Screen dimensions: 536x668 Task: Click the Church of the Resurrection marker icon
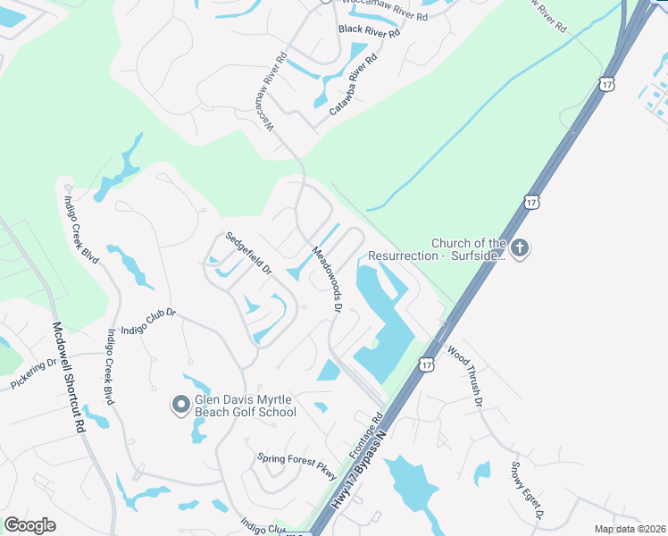click(x=520, y=247)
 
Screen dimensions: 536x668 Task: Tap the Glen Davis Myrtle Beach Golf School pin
click(x=180, y=406)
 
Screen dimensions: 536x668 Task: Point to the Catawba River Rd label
click(x=354, y=85)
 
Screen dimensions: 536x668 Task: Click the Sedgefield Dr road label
click(x=247, y=253)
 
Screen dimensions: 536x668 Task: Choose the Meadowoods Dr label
click(x=327, y=279)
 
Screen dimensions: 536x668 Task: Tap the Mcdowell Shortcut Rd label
click(x=68, y=378)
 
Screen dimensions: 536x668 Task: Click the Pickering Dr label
click(x=34, y=374)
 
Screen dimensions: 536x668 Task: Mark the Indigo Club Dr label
click(x=148, y=319)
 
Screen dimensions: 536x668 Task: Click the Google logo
click(x=29, y=524)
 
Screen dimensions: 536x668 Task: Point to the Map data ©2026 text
click(x=630, y=529)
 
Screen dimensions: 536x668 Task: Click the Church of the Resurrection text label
click(x=468, y=249)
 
